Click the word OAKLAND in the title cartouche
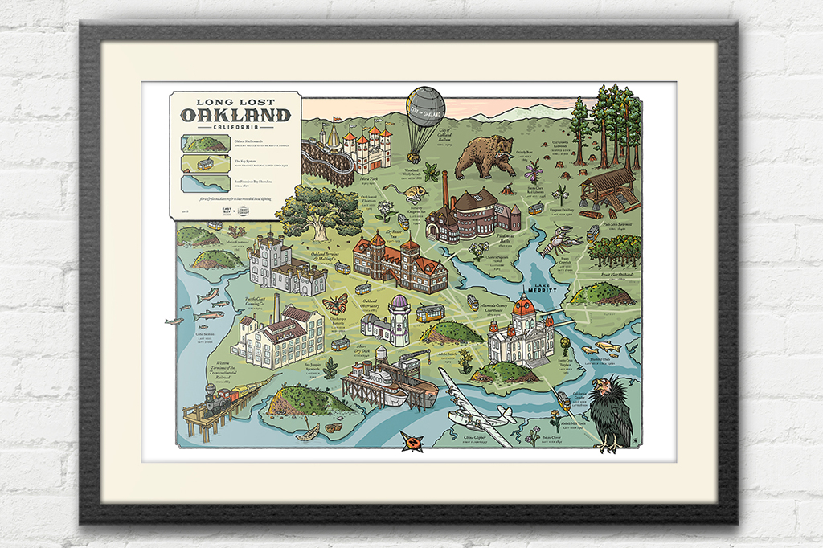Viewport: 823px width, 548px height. point(235,114)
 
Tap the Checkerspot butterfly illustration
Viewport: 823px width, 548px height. point(335,304)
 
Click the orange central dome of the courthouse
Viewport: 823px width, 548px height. point(524,306)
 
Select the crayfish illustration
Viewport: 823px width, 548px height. point(557,239)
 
